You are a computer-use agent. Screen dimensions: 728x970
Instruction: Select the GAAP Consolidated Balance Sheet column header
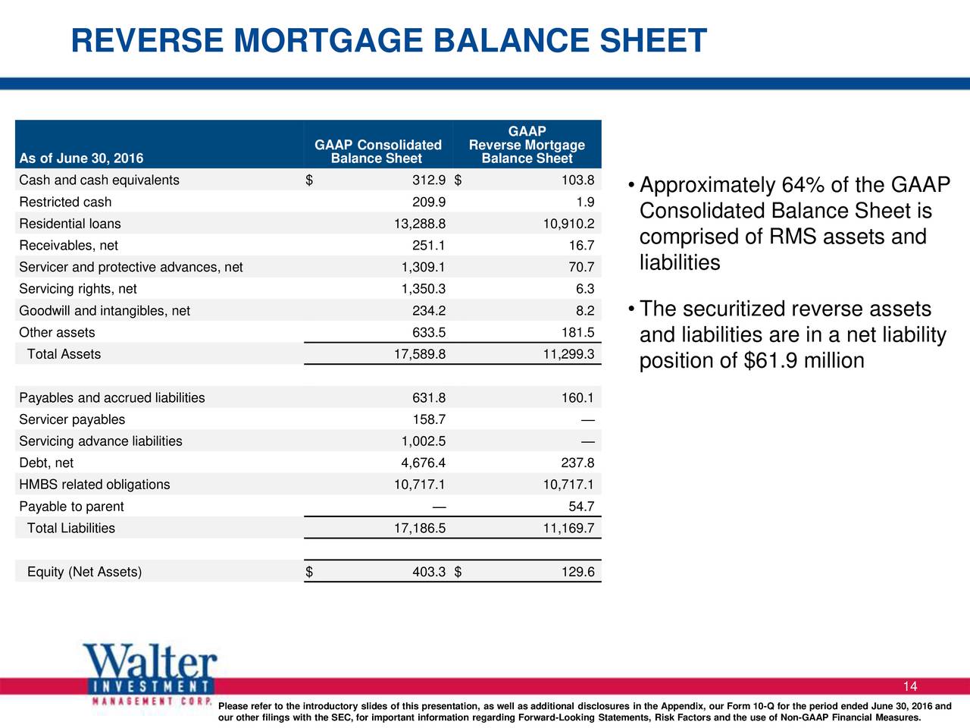tap(377, 152)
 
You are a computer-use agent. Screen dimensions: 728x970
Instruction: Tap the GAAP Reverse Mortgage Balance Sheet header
tap(527, 145)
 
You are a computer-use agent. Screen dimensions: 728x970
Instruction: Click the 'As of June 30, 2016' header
tap(81, 158)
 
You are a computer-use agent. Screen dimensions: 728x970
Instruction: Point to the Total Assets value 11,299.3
tap(568, 354)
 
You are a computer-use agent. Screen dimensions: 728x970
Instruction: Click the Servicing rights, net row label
tap(78, 289)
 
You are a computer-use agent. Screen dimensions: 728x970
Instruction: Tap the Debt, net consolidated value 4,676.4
tap(423, 463)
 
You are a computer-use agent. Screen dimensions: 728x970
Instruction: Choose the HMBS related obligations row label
tap(95, 485)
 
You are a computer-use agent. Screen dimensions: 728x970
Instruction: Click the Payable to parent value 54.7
tap(580, 507)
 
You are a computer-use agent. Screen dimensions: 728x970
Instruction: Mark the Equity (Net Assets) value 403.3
tap(428, 572)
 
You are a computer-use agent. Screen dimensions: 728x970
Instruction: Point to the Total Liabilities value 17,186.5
tap(419, 529)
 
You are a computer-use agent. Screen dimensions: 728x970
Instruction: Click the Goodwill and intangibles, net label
tap(105, 311)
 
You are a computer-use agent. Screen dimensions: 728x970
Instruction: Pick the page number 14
tap(909, 687)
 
